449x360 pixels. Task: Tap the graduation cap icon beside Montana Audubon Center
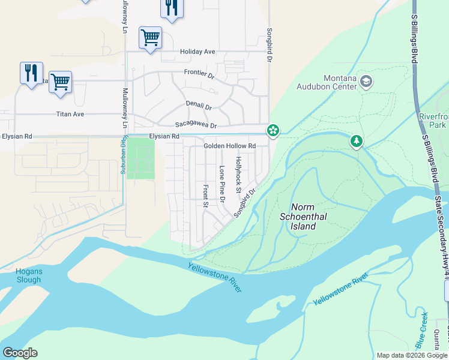click(x=366, y=80)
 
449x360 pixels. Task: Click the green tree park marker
click(x=357, y=142)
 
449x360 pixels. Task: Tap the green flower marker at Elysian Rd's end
click(x=273, y=130)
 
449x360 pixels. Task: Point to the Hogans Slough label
click(x=28, y=275)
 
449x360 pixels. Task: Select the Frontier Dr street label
click(x=199, y=74)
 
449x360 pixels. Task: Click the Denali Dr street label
click(x=199, y=106)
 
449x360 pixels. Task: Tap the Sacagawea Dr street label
click(x=196, y=125)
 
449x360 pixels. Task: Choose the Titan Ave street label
click(x=70, y=114)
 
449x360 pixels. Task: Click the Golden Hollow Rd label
click(x=229, y=146)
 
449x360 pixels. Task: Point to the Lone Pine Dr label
click(x=221, y=184)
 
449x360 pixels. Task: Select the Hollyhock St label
click(x=238, y=175)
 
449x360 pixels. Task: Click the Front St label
click(x=205, y=196)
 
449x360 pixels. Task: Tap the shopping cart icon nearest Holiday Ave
click(x=150, y=37)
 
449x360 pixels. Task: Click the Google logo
click(x=20, y=353)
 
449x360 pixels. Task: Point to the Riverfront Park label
click(x=433, y=121)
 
